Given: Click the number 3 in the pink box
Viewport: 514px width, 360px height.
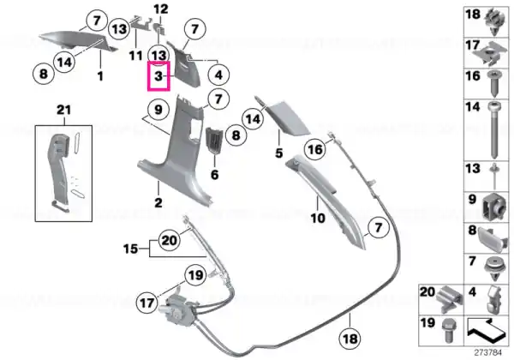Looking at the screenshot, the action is tap(158, 76).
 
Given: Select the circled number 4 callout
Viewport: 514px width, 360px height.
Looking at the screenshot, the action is tap(218, 75).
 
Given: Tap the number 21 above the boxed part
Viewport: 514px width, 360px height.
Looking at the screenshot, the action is tap(63, 110).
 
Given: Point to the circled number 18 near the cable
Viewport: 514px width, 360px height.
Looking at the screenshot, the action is tap(350, 339).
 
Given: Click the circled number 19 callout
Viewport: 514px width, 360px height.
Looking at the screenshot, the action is tap(195, 275).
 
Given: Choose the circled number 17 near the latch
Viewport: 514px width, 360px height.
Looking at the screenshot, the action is tap(147, 303).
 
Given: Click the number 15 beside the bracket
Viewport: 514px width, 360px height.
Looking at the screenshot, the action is tap(130, 249).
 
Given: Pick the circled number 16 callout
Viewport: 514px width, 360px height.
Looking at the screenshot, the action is tap(315, 149).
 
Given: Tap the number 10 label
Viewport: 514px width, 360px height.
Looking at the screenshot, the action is tap(318, 218).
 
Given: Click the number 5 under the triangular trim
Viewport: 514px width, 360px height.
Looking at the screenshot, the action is tap(278, 153).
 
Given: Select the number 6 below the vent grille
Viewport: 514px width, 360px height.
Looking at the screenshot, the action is tap(214, 174).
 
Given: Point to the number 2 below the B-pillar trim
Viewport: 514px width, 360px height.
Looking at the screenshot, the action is tap(158, 202).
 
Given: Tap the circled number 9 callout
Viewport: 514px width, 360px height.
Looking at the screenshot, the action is tap(158, 109).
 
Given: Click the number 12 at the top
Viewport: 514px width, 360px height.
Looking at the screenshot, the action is tap(161, 9).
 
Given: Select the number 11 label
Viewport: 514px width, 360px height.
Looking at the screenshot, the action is tap(135, 56).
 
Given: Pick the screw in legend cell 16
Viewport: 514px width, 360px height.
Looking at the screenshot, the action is tap(494, 84).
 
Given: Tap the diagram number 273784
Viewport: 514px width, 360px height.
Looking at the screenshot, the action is tap(488, 353).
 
